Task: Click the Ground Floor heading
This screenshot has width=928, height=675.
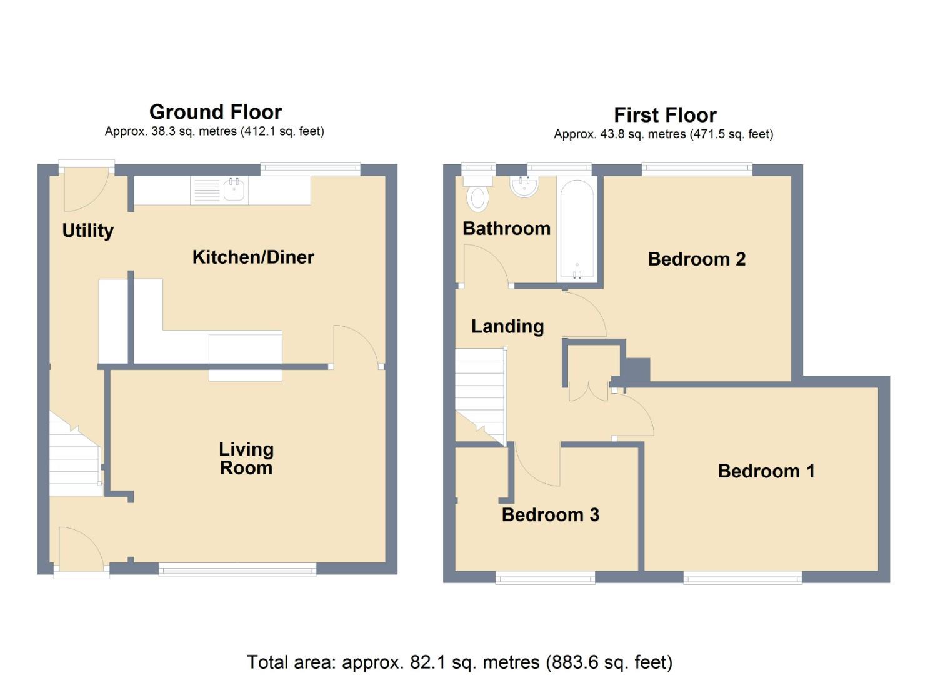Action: tap(216, 112)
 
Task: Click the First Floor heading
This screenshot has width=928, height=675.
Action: tap(664, 116)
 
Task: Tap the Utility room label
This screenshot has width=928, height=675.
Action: tap(88, 231)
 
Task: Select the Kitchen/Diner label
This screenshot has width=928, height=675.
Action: tap(252, 257)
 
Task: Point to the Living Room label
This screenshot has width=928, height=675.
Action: tap(246, 458)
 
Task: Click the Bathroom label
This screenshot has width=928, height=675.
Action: tap(506, 229)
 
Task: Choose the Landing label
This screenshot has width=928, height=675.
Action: tap(507, 326)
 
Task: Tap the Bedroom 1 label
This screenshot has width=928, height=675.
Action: tap(766, 471)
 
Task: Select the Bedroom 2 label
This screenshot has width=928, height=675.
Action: tap(696, 259)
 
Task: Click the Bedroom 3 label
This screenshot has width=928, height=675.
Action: tap(550, 514)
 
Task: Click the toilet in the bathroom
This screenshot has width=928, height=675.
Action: tap(477, 194)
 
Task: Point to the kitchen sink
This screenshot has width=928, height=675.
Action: tap(234, 189)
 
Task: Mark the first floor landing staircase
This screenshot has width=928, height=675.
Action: tap(479, 394)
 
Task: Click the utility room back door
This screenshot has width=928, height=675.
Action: tap(86, 187)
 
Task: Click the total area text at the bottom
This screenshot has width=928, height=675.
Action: tap(459, 662)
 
